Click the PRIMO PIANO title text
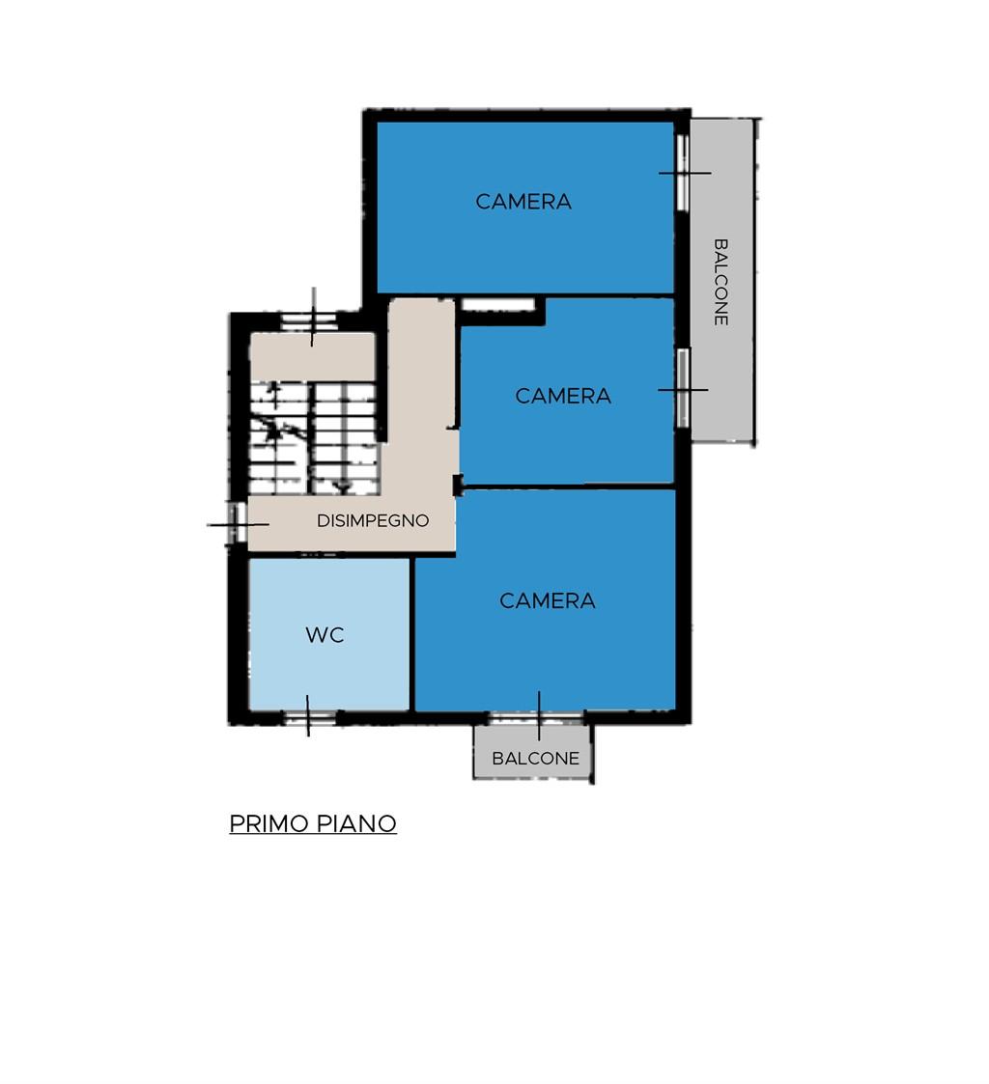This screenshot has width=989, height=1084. click(313, 823)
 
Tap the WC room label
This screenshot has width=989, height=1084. click(325, 634)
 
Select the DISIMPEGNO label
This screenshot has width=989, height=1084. click(373, 520)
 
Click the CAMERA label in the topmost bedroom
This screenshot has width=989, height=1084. click(523, 201)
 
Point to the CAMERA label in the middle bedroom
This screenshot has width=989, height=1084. click(563, 396)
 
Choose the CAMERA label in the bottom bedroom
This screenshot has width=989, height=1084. click(547, 600)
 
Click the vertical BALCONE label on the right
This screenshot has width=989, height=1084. click(721, 281)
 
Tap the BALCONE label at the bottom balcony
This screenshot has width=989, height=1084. click(535, 759)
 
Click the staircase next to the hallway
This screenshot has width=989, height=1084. click(314, 438)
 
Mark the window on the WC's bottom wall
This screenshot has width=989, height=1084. click(309, 717)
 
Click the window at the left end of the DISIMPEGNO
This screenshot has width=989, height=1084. click(238, 522)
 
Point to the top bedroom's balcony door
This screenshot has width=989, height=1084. click(683, 172)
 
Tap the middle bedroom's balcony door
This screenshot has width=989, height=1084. click(683, 388)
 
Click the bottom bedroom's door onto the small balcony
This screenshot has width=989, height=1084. click(537, 717)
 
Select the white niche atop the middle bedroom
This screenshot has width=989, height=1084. click(498, 305)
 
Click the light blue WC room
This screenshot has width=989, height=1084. click(328, 633)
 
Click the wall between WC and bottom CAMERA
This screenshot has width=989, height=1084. click(412, 633)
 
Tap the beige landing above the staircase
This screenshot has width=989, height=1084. click(313, 357)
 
